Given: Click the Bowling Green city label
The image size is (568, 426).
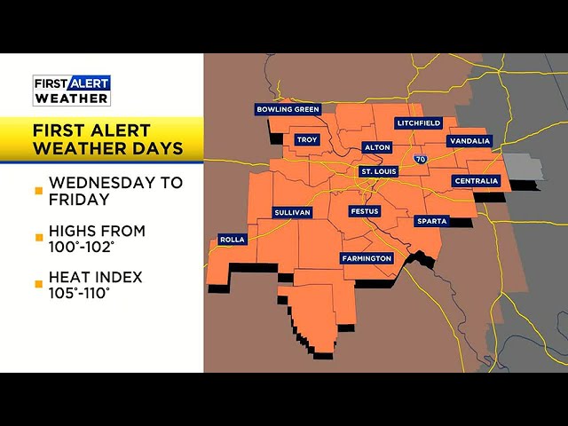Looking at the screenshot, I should (288, 109).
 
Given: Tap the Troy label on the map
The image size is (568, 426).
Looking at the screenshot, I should (307, 139).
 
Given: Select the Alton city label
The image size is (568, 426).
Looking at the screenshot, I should (376, 147).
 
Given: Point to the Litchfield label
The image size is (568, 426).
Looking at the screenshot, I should (419, 122).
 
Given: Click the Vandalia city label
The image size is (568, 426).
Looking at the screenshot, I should (469, 140).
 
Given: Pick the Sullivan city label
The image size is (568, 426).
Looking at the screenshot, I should (292, 213).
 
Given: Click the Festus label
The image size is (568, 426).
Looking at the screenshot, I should (365, 213).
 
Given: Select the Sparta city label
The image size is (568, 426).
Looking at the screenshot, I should (431, 221).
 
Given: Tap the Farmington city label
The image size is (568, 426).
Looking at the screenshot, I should (367, 258).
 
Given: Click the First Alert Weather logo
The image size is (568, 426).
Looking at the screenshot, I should (72, 90).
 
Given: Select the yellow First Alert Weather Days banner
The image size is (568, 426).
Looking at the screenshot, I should (102, 139).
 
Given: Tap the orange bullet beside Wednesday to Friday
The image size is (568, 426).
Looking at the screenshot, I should (38, 191).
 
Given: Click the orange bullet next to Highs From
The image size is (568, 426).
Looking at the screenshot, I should (38, 238).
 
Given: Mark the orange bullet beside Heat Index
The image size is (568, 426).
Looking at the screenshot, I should (38, 285).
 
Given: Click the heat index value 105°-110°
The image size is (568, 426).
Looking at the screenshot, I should (80, 293).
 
